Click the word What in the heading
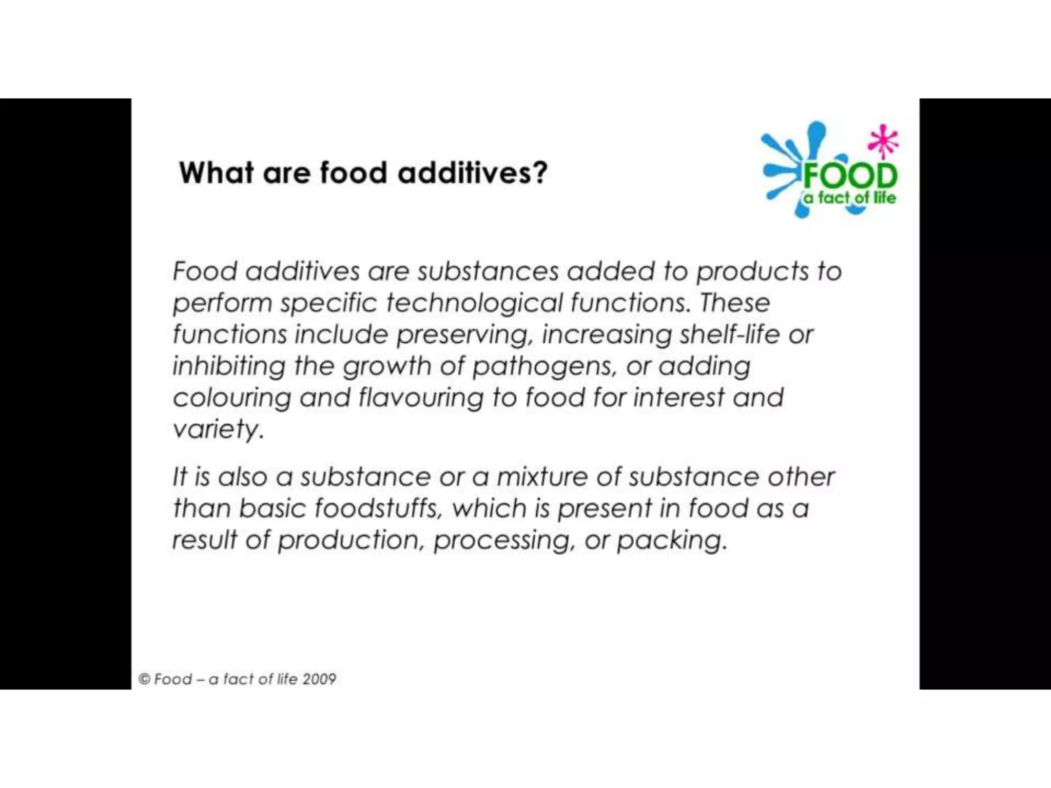tap(216, 172)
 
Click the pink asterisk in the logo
tap(883, 141)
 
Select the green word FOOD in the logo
tap(850, 176)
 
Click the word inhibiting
tap(229, 367)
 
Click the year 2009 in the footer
tap(319, 679)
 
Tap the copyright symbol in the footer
tap(144, 679)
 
